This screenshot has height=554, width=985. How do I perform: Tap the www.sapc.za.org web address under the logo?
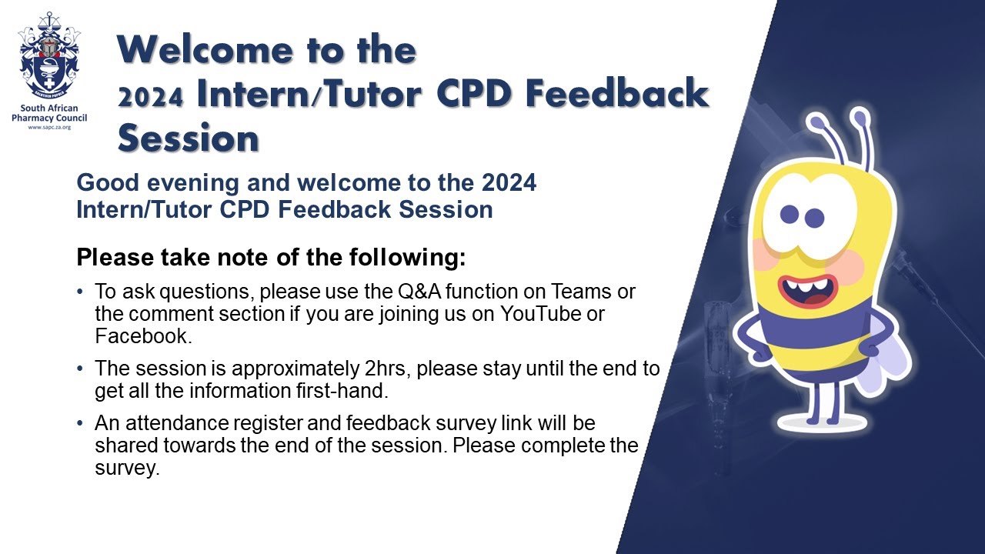pos(49,127)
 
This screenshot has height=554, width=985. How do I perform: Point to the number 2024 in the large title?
pos(150,98)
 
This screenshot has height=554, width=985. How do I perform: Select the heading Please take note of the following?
pos(271,257)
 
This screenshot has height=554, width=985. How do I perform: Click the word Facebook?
pos(141,335)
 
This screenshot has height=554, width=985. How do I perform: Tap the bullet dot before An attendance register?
pos(82,423)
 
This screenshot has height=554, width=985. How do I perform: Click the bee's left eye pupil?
pos(790,213)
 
